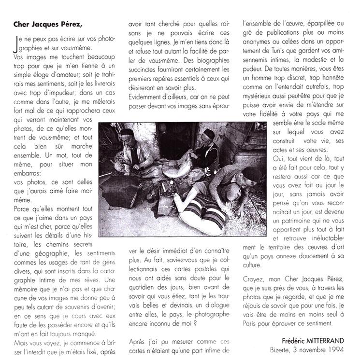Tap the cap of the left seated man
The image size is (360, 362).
(x=127, y=132)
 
